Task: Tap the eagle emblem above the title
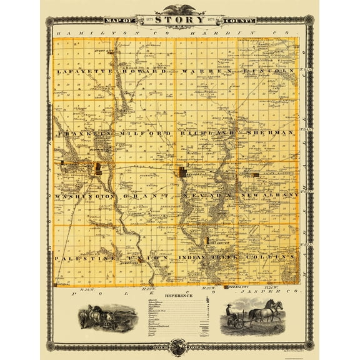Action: (x=180, y=7)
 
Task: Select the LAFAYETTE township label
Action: (x=79, y=72)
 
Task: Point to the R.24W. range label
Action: (x=88, y=289)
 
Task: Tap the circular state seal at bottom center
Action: (x=180, y=345)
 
